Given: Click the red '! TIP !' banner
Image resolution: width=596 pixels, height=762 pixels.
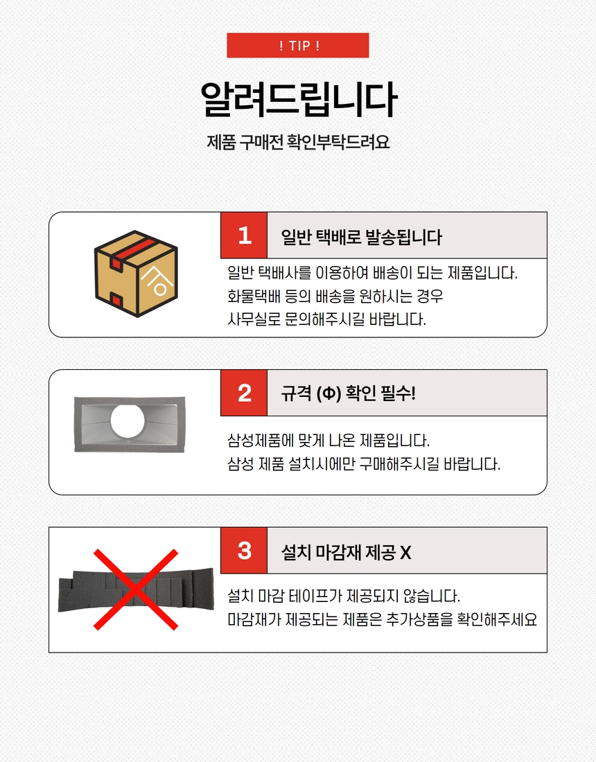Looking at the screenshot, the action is point(297,45).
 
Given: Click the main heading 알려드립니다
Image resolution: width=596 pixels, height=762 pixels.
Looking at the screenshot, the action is point(299,99).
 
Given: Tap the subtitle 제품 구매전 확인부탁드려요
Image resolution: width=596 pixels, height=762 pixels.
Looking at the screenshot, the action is point(298,142).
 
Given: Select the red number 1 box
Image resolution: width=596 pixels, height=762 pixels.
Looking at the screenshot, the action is point(244,236).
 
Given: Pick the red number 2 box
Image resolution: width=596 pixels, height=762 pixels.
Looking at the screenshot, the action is point(244,393).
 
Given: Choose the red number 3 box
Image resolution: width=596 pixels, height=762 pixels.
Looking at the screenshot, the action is point(244,551).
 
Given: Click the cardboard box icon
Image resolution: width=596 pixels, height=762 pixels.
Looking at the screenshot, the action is point(136,274).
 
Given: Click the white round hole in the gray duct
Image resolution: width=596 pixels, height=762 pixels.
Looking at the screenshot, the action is point(128,420).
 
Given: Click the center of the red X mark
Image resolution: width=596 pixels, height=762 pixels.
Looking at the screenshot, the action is point(136,590).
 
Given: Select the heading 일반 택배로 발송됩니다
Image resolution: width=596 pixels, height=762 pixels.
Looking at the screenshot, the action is point(362,237).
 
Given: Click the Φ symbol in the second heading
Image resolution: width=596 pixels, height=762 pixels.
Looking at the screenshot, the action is point(328,393).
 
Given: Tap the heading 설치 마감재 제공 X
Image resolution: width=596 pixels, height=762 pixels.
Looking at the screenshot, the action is point(346,553).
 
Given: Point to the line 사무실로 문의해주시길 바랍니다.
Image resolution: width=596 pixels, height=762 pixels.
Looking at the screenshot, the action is point(326,319).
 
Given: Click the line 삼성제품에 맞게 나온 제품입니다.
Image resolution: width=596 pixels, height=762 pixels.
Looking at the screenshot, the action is point(328,441).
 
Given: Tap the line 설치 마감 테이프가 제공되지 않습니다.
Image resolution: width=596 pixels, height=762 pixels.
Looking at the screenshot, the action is point(344,596).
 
